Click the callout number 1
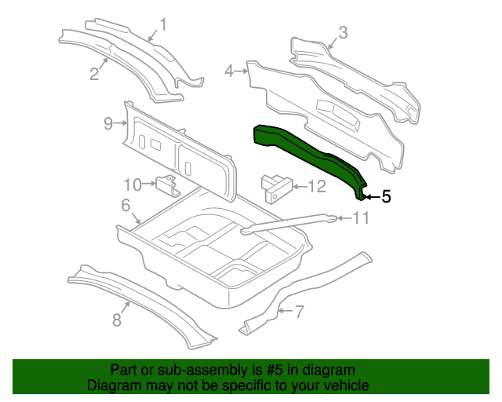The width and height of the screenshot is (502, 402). click(163, 24)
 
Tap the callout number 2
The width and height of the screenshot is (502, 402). click(94, 74)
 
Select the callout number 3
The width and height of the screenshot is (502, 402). click(343, 33)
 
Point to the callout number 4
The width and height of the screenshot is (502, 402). click(229, 71)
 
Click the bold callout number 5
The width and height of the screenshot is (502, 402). click(387, 196)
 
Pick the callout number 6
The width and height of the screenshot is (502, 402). click(125, 205)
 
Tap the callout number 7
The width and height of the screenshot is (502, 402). click(299, 312)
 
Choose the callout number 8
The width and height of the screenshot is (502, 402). click(117, 320)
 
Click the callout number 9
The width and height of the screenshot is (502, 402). click(108, 123)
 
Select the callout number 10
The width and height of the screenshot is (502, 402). click(133, 185)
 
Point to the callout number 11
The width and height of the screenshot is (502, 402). click(361, 218)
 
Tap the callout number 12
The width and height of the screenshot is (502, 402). click(317, 187)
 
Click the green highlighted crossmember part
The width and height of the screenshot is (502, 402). click(307, 153)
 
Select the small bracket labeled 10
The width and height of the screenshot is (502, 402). click(167, 185)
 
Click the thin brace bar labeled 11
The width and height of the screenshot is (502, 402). click(288, 224)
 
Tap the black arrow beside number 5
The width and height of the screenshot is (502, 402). click(373, 197)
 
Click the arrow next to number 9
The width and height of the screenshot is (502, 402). click(121, 123)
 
